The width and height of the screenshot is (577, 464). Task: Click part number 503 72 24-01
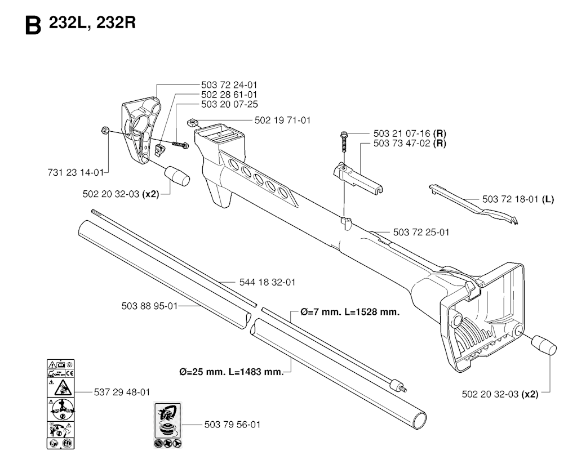[x=229, y=85]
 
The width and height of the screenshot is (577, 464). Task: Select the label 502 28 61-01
[x=229, y=95]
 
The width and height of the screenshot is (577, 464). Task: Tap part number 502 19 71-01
[x=283, y=121]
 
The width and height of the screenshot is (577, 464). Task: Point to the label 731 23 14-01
[x=76, y=172]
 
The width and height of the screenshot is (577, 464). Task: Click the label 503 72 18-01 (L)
[x=518, y=199]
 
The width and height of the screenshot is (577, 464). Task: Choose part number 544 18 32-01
[x=267, y=282]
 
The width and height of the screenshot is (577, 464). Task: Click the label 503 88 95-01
[x=149, y=306]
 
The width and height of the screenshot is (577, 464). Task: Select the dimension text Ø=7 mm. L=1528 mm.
[x=350, y=312]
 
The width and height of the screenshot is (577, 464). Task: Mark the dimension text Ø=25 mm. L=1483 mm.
[x=232, y=372]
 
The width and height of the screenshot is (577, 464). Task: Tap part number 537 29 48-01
[x=122, y=392]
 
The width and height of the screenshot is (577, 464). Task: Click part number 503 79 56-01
[x=232, y=425]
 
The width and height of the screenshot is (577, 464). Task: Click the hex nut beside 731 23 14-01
[x=104, y=130]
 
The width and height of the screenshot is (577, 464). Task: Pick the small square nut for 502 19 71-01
[x=193, y=122]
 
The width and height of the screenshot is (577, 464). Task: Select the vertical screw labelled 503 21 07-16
[x=344, y=141]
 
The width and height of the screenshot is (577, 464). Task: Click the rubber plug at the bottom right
[x=544, y=345]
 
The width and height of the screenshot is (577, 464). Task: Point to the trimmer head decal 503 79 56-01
[x=168, y=425]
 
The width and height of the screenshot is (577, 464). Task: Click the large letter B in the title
[x=33, y=26]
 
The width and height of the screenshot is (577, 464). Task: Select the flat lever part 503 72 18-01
[x=473, y=204]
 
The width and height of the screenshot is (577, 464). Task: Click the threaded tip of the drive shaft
[x=403, y=389]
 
